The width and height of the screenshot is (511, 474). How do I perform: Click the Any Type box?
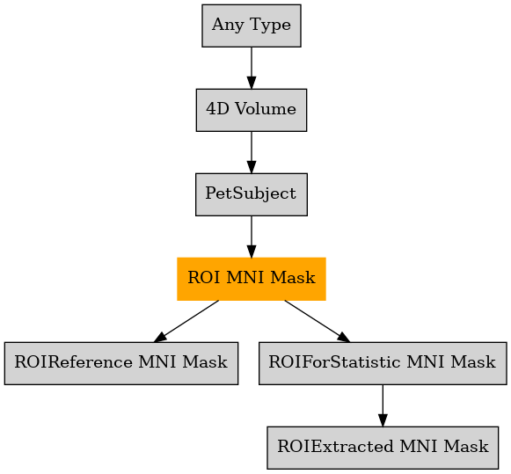[252, 26]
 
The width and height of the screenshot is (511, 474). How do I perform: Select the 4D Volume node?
[252, 110]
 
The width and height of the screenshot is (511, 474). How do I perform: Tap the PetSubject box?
[252, 194]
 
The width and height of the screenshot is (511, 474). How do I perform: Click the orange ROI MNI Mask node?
[252, 279]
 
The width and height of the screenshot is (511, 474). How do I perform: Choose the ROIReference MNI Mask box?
[121, 363]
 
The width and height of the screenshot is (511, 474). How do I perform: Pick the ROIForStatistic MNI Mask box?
[383, 363]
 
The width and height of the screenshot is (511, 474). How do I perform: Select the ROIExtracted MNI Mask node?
[383, 448]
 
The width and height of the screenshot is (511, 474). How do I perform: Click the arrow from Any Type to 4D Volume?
[252, 68]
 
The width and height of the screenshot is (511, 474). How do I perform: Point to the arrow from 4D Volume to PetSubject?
[252, 152]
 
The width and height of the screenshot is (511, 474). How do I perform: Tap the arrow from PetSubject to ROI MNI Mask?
[252, 237]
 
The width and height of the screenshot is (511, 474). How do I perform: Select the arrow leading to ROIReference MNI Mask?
[186, 321]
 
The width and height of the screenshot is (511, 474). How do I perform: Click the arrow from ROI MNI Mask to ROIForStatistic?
[318, 321]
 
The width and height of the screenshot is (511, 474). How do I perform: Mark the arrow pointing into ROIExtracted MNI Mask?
[383, 405]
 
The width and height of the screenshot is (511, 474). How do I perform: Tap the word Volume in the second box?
[266, 109]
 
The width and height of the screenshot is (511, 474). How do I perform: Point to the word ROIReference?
[73, 362]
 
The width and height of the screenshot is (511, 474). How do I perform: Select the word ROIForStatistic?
[334, 362]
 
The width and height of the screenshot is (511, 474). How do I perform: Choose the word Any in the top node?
[228, 26]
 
